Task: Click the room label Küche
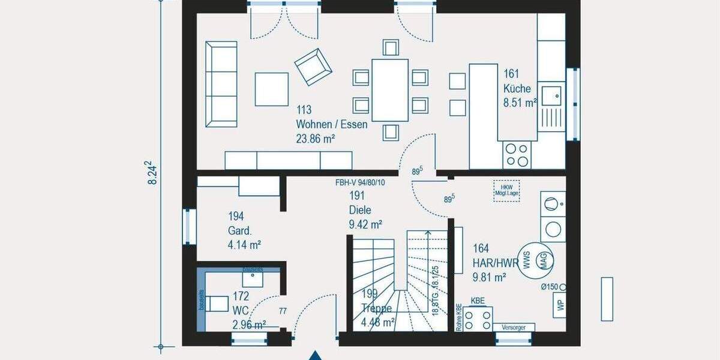[x=517, y=88]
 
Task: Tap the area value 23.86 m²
[x=315, y=139]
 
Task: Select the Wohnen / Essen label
[x=331, y=125]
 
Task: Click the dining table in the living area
[x=390, y=90]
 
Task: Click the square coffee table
[x=272, y=89]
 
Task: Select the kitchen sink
[x=551, y=94]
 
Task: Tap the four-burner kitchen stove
[x=517, y=154]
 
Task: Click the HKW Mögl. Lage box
[x=506, y=190]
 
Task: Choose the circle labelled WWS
[x=526, y=260]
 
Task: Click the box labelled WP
[x=560, y=305]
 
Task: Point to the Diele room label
[x=360, y=210]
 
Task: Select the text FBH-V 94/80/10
[x=368, y=182]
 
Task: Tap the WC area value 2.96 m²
[x=249, y=325]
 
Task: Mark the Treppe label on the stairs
[x=376, y=308]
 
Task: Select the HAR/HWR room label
[x=496, y=262]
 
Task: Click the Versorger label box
[x=514, y=328]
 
